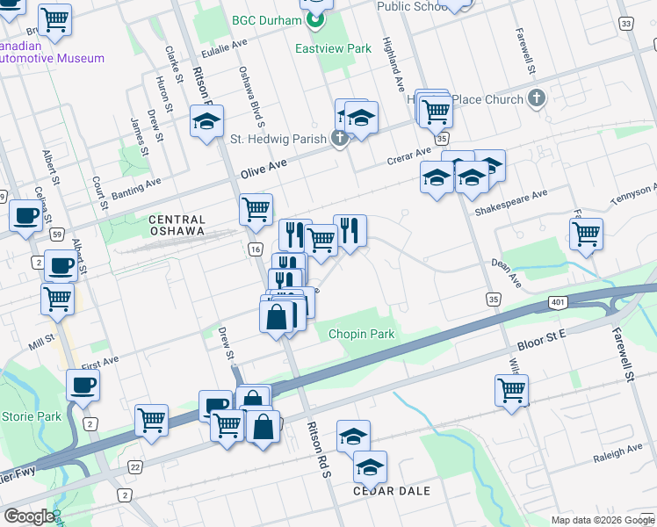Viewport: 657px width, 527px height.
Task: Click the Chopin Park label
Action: tap(362, 334)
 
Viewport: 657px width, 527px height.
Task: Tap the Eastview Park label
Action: tap(333, 49)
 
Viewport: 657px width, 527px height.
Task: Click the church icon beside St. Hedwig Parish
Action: tap(338, 138)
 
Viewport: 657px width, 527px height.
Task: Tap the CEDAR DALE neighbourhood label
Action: tap(392, 491)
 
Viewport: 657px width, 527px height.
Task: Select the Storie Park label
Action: tap(32, 415)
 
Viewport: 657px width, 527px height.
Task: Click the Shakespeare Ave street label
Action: tap(510, 202)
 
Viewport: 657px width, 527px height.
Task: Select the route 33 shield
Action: tap(625, 24)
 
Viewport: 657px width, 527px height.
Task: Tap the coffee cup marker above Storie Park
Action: tap(83, 385)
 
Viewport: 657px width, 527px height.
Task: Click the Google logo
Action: tap(29, 516)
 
